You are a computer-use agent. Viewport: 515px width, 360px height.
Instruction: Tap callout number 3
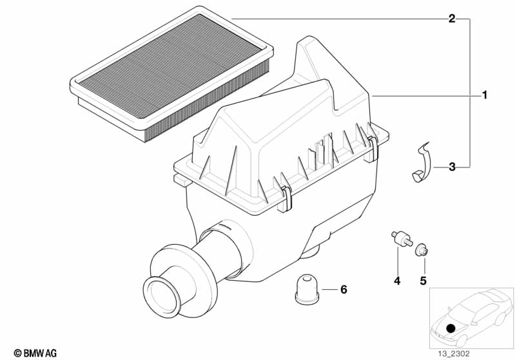point(452,167)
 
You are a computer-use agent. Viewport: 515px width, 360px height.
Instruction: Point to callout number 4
point(397,281)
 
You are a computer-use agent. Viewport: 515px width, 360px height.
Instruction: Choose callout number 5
point(423,281)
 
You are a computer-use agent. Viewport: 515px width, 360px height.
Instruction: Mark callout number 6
point(343,290)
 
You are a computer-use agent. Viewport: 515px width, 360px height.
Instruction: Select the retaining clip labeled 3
point(418,164)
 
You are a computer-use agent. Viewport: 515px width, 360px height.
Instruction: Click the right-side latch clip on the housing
point(374,146)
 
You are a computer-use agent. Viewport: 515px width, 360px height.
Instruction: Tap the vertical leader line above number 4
point(398,261)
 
